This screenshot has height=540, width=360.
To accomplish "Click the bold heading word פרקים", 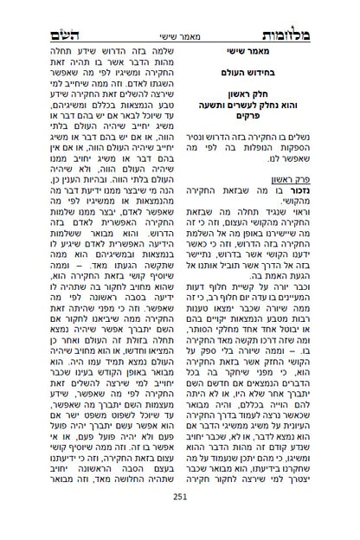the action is [259, 124].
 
